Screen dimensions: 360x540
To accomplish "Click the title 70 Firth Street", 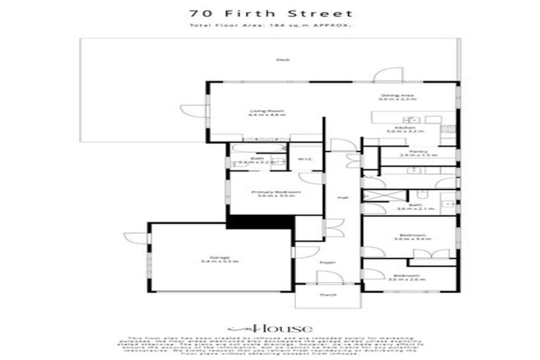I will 270,13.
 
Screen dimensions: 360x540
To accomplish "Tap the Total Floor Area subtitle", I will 270,26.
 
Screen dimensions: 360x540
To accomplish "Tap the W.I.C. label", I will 304,159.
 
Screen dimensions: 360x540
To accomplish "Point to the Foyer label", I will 328,262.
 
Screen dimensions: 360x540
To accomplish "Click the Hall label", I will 343,198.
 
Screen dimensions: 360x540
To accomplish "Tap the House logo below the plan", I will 270,328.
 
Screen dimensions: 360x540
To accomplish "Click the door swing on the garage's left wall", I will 135,238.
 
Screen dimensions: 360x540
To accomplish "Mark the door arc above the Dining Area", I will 387,75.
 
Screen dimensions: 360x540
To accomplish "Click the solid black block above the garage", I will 259,221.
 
